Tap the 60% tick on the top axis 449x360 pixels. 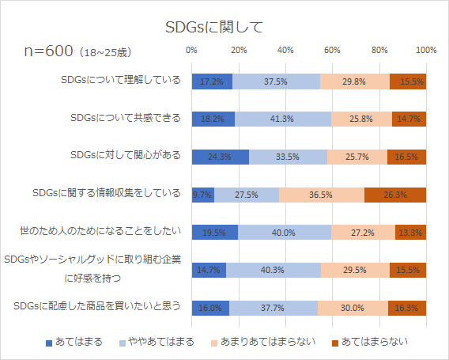pos(332,50)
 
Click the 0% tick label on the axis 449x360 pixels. pos(191,50)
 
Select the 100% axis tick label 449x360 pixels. pos(426,50)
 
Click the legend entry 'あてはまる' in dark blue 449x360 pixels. pos(74,342)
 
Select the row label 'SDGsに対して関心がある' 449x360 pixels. pos(126,156)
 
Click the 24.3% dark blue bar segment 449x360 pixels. pos(220,157)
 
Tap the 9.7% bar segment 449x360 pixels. pos(202,195)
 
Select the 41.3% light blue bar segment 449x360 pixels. pos(282,119)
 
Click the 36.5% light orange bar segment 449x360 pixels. pos(321,195)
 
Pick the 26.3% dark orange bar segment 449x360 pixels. pos(395,195)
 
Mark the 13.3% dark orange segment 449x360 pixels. pos(410,233)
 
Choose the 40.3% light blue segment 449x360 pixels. pos(273,271)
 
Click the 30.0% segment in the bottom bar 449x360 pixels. pos(353,309)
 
